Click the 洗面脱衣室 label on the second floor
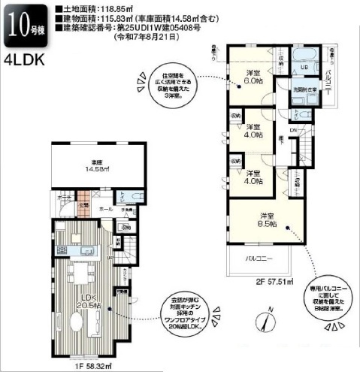coord(305,90)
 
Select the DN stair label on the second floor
coord(293,128)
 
